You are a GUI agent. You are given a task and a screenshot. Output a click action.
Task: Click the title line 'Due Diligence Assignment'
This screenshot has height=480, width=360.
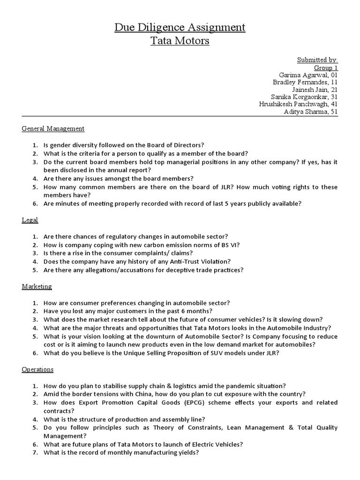click(x=180, y=28)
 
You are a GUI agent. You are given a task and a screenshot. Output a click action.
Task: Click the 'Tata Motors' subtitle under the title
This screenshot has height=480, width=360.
click(x=180, y=41)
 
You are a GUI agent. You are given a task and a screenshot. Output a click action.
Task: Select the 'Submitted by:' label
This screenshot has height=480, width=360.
click(x=317, y=60)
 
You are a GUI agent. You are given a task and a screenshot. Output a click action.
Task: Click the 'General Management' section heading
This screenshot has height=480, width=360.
click(x=53, y=128)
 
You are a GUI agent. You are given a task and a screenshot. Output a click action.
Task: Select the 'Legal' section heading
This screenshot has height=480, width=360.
click(x=30, y=220)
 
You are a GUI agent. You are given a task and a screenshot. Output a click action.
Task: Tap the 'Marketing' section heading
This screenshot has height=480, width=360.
click(x=37, y=286)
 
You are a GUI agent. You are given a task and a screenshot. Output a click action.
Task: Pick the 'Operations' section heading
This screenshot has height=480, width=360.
click(x=37, y=369)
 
